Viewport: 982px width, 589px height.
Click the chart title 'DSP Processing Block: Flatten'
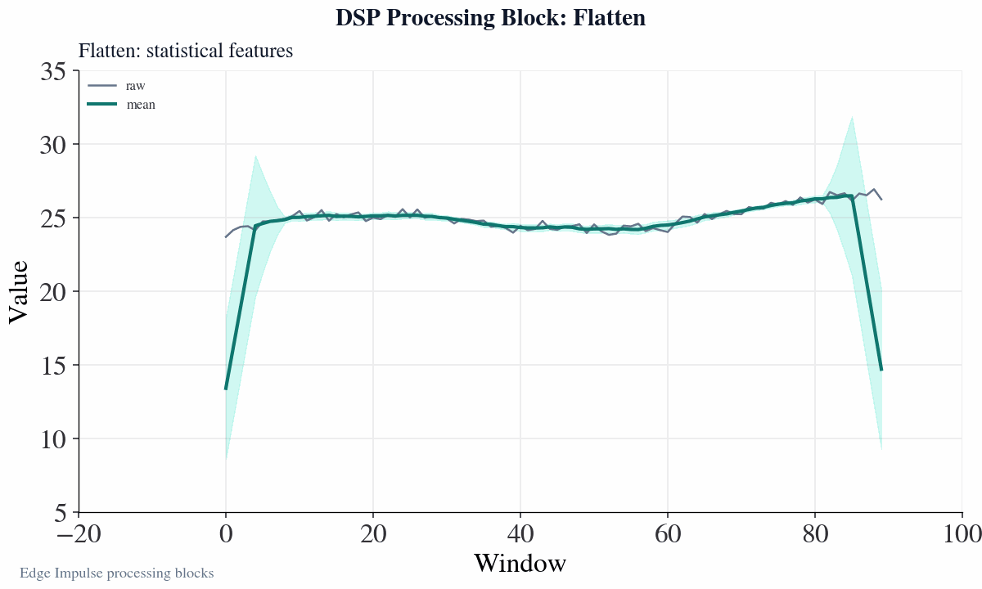pyautogui.click(x=491, y=18)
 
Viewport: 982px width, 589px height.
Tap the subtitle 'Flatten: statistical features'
pyautogui.click(x=186, y=51)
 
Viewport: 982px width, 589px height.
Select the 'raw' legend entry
pyautogui.click(x=135, y=85)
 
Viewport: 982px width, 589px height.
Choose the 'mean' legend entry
pyautogui.click(x=141, y=105)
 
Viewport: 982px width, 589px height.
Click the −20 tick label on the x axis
pyautogui.click(x=79, y=534)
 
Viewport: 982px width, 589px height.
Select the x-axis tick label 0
pyautogui.click(x=226, y=534)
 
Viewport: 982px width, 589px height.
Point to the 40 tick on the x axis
pyautogui.click(x=520, y=534)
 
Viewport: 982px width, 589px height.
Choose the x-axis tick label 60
pyautogui.click(x=668, y=534)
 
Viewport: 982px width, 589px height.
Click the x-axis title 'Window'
pyautogui.click(x=520, y=564)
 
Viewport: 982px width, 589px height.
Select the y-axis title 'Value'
pyautogui.click(x=19, y=292)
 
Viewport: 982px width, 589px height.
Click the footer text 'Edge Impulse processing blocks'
pyautogui.click(x=117, y=573)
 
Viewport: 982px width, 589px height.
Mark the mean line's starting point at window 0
pyautogui.click(x=226, y=389)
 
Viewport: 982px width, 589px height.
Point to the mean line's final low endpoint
pyautogui.click(x=881, y=370)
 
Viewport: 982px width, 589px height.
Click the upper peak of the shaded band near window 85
pyautogui.click(x=852, y=117)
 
